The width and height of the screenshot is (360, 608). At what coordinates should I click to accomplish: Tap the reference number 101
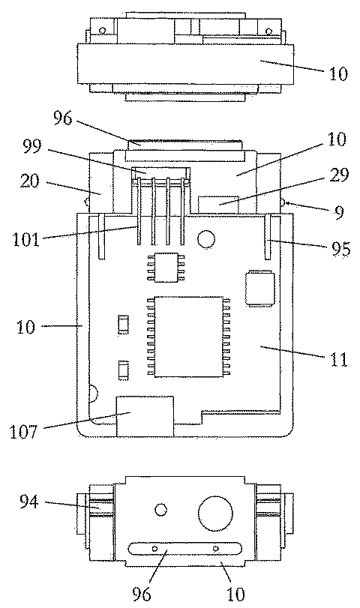coord(26,240)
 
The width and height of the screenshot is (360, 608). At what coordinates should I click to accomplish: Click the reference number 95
coord(340,249)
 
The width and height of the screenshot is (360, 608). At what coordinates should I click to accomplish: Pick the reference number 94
coord(29,502)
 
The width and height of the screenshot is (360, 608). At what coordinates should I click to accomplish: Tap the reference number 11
coord(339,360)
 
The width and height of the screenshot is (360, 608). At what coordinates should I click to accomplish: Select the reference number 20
coord(29,181)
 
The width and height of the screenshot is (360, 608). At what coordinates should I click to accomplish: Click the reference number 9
coord(339,212)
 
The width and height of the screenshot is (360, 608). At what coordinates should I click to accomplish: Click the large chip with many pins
coord(189,337)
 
